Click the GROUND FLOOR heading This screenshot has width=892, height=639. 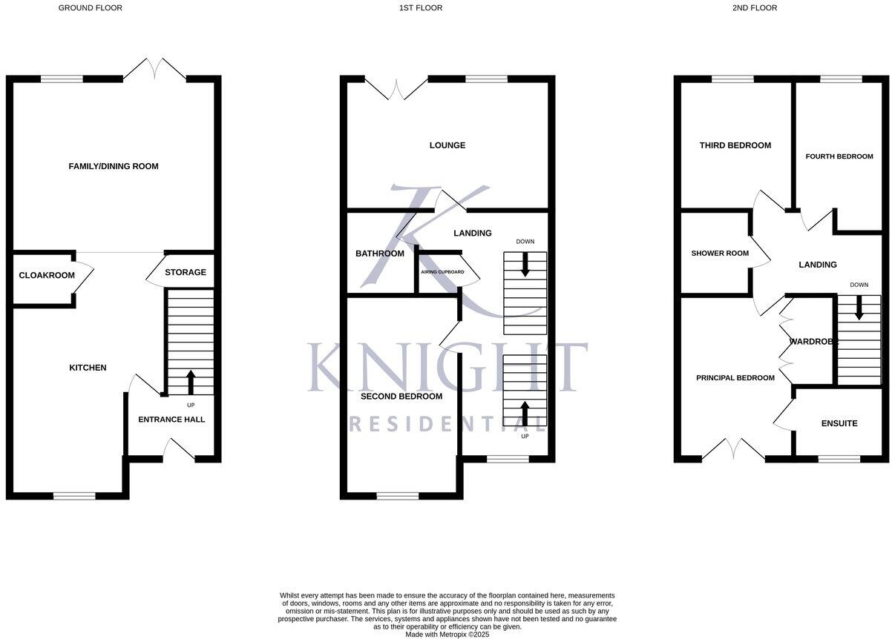[91, 8]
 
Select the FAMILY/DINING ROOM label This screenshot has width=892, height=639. [114, 166]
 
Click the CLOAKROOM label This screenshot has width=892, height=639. [47, 275]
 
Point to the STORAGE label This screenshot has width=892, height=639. [186, 272]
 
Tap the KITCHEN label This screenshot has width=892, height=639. [88, 368]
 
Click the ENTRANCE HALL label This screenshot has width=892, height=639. [171, 420]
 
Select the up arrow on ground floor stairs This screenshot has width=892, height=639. [190, 382]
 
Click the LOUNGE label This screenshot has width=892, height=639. [447, 145]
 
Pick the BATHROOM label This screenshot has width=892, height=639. [380, 254]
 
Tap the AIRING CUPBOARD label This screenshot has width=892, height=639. [442, 272]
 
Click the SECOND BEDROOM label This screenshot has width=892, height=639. [401, 397]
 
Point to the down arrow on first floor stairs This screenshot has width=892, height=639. [525, 265]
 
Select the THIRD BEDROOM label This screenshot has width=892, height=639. [735, 145]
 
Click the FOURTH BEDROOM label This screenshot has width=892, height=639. [839, 156]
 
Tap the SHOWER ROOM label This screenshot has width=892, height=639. [720, 254]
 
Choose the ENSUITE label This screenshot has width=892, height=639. [839, 423]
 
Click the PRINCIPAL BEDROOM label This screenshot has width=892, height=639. [735, 378]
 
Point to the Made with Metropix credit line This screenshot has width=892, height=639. [447, 634]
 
